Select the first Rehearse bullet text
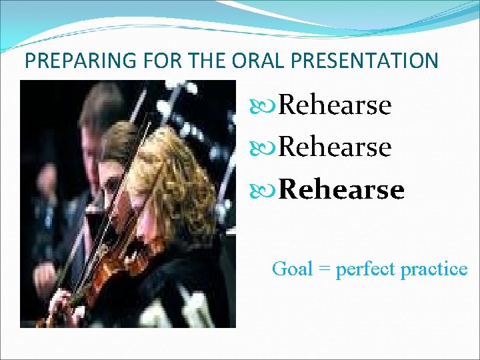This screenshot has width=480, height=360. (x=335, y=105)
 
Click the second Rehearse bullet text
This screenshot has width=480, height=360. (x=335, y=147)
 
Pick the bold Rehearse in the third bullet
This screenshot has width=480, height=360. (x=341, y=190)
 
